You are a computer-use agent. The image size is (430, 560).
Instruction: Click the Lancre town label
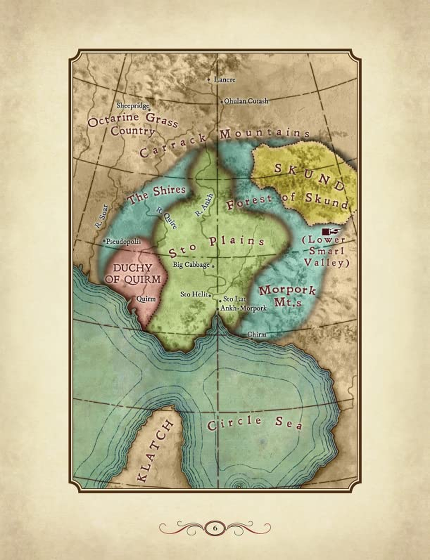[x=224, y=80]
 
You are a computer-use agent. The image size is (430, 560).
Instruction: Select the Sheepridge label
[x=133, y=106]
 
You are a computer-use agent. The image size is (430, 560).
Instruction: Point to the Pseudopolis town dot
[x=104, y=242]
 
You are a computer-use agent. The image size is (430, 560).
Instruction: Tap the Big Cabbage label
[x=191, y=265]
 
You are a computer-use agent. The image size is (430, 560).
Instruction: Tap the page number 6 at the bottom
[x=214, y=527]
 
